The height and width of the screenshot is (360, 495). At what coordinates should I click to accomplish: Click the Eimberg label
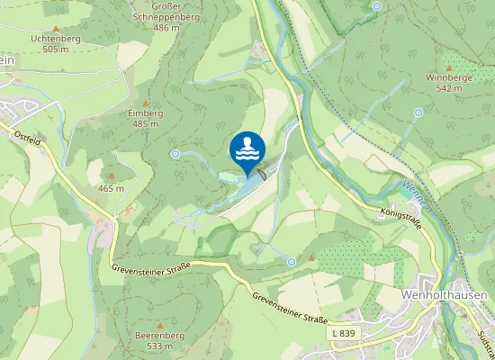click(x=146, y=112)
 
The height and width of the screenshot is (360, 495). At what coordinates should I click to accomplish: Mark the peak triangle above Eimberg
click(x=146, y=102)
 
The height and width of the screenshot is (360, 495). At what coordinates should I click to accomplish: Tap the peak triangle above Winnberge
click(x=450, y=67)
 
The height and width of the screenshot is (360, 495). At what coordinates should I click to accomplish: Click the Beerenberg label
click(x=158, y=334)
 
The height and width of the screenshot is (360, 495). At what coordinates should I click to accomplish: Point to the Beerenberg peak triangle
click(x=158, y=323)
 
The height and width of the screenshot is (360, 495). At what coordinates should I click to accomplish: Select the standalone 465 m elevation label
click(x=111, y=188)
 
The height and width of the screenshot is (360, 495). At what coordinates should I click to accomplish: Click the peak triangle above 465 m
click(x=111, y=176)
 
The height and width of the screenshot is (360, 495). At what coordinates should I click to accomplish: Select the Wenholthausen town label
click(x=444, y=295)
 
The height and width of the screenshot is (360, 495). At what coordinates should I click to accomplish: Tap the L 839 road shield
click(x=342, y=334)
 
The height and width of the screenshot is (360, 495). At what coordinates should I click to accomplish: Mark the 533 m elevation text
click(x=158, y=346)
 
